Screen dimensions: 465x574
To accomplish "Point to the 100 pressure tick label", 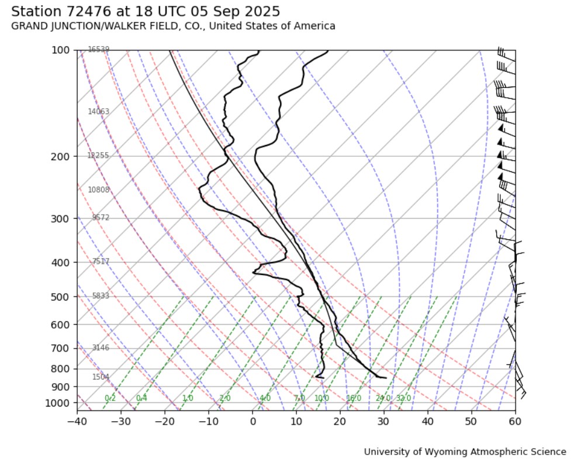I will pos(61,51).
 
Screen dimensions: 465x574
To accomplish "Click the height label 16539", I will pos(98,50).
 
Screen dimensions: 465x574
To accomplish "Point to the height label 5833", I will pos(101,297).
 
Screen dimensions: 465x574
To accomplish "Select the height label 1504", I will pos(101,377).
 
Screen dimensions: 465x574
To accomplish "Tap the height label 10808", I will pos(98,190).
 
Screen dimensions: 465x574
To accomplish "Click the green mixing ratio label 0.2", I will pos(110,398).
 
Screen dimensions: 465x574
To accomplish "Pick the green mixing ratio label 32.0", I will pos(403,398).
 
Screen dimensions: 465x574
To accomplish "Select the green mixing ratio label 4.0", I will pos(265,398).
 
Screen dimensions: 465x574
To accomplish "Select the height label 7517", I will pos(101,261).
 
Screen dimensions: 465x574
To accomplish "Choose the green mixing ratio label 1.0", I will pos(187,398).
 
